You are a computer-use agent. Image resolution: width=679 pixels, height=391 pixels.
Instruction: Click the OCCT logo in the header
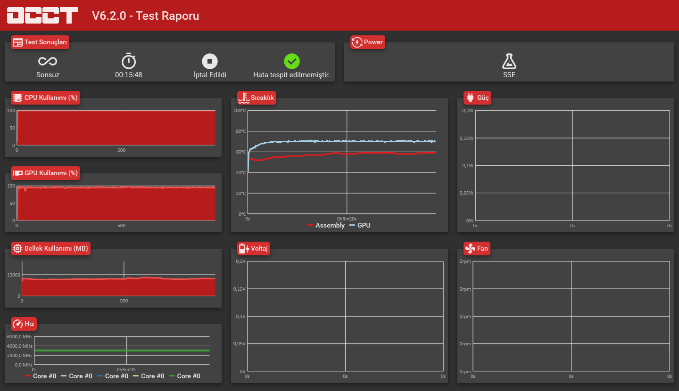(42, 15)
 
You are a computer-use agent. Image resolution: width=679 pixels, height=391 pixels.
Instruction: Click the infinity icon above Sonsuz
(48, 61)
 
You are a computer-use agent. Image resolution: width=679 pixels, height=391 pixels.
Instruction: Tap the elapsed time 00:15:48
(129, 74)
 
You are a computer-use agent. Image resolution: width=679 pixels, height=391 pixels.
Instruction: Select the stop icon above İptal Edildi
(210, 61)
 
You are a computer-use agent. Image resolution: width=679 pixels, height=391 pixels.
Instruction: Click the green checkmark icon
(292, 61)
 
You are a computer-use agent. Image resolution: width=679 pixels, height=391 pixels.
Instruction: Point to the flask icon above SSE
(509, 61)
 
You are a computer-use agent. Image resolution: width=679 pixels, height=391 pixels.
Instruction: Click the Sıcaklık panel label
(257, 98)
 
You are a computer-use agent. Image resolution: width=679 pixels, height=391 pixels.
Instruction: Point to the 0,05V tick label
(239, 344)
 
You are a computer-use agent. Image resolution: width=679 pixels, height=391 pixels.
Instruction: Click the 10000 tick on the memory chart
(14, 275)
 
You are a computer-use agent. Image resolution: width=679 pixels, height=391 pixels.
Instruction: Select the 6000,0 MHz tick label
(20, 337)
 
